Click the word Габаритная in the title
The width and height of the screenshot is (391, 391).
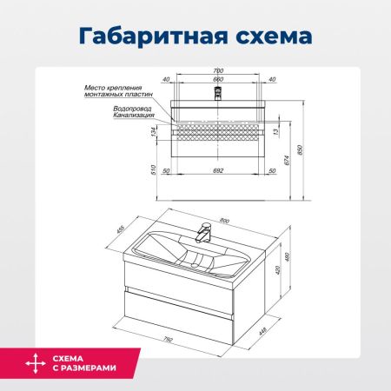(x=144, y=37)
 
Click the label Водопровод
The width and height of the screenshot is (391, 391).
(x=134, y=108)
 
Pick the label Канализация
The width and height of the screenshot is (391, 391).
(x=133, y=115)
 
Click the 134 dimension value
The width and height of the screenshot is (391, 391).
(x=154, y=132)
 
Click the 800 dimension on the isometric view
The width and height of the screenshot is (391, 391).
(x=225, y=220)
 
